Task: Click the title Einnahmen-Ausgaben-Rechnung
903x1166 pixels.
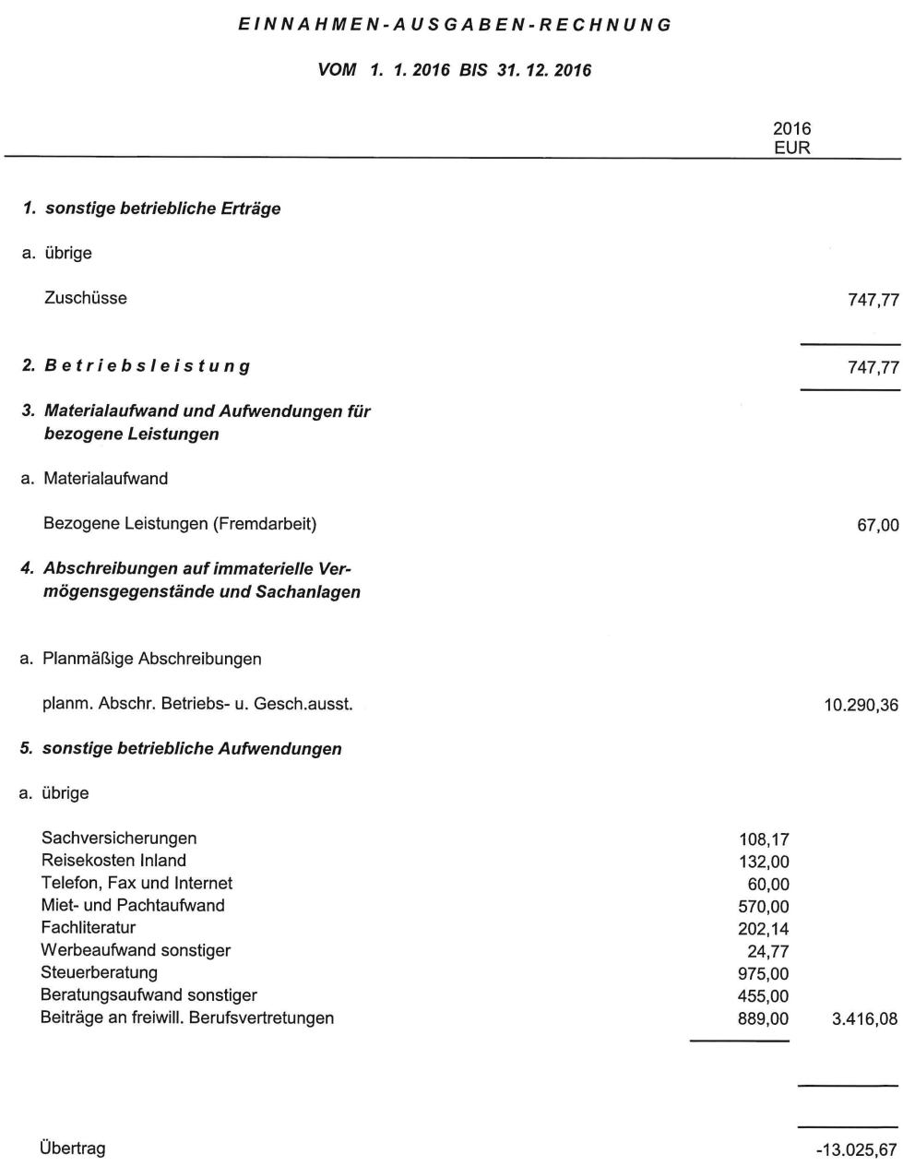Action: pyautogui.click(x=455, y=25)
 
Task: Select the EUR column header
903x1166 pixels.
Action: pyautogui.click(x=791, y=148)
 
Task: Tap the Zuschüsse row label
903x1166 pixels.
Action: pyautogui.click(x=85, y=298)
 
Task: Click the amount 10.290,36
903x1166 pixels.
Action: pyautogui.click(x=861, y=707)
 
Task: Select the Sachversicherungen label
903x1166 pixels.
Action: pyautogui.click(x=119, y=839)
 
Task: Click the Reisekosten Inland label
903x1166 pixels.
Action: pyautogui.click(x=113, y=861)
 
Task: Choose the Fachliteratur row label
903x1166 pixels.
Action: pyautogui.click(x=89, y=928)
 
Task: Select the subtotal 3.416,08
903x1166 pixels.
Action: pyautogui.click(x=864, y=1019)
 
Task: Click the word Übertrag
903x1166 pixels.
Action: pyautogui.click(x=73, y=1148)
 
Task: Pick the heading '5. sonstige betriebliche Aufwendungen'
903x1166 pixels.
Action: pyautogui.click(x=181, y=749)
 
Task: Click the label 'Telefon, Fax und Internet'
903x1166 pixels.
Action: pyautogui.click(x=137, y=884)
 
